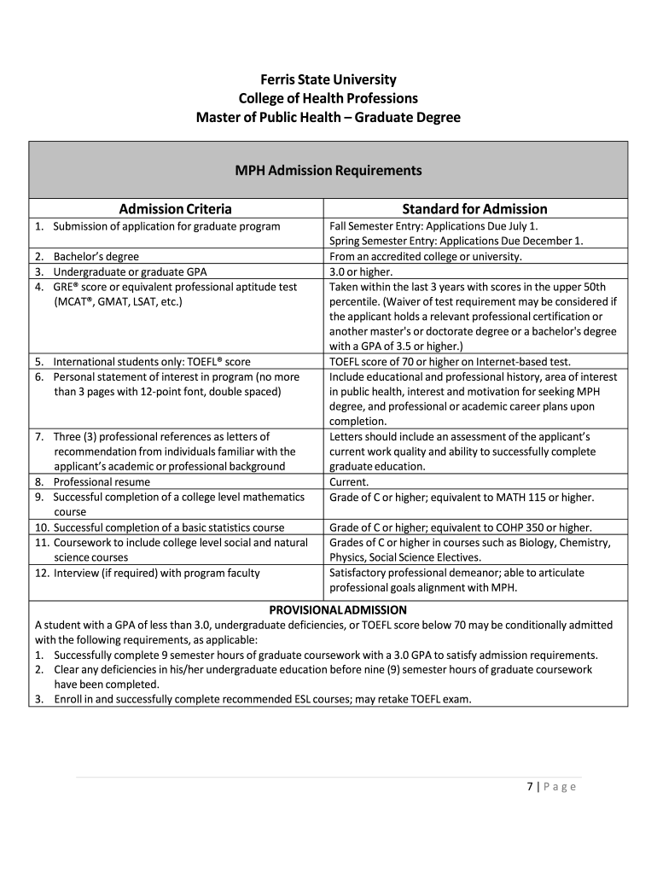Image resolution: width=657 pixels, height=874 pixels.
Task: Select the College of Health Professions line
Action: pos(328,98)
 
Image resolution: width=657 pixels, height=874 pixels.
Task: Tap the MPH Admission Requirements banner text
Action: pos(328,170)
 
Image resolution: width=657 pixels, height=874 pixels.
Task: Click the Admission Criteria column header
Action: pos(175,209)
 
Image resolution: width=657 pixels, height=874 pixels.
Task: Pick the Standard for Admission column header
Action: pos(474,209)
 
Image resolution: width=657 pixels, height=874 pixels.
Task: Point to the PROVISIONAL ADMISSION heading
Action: pos(338,609)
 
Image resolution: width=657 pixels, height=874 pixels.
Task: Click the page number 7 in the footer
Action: pos(529,787)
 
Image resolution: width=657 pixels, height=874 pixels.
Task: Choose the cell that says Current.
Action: pos(349,481)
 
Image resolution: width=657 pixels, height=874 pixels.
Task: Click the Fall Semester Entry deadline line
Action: pos(433,226)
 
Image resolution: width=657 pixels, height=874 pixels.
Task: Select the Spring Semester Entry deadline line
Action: pos(456,241)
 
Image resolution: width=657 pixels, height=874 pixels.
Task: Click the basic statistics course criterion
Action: pos(168,527)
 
